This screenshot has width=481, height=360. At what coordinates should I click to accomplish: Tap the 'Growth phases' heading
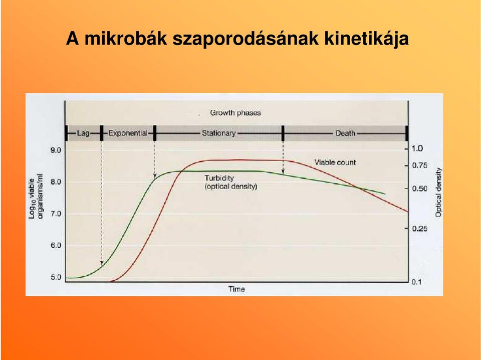point(235,113)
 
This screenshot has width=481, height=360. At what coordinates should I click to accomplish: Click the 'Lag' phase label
point(83,133)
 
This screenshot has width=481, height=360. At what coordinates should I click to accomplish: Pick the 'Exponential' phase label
point(128,133)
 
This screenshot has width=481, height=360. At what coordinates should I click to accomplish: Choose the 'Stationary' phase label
point(219,133)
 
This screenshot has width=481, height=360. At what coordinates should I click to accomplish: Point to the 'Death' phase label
point(345,133)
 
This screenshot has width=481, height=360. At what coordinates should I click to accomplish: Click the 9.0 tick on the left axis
point(56,150)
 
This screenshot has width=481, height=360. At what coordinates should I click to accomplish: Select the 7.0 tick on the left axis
point(56,214)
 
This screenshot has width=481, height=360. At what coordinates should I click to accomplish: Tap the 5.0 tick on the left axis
point(56,277)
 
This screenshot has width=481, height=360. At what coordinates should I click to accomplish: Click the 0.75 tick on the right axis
point(420,165)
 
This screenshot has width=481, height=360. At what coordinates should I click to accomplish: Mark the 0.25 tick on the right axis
point(420,229)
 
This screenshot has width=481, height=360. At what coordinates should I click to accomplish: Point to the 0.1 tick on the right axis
point(416,282)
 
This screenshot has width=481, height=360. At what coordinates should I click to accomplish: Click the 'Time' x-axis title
point(236,289)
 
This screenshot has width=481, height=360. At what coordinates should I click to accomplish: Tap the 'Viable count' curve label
point(335,162)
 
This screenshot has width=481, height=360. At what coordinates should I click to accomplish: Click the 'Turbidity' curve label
point(219,178)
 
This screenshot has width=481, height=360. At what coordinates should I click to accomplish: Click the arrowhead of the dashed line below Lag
point(102,263)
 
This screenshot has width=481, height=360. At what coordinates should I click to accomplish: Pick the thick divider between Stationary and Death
point(283,133)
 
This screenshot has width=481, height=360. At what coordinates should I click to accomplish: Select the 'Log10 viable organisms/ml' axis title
point(36,197)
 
